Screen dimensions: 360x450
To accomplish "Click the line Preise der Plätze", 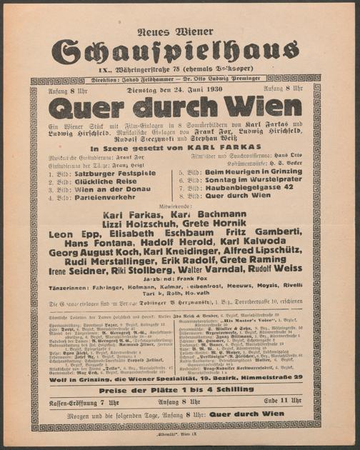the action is point(179,391).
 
